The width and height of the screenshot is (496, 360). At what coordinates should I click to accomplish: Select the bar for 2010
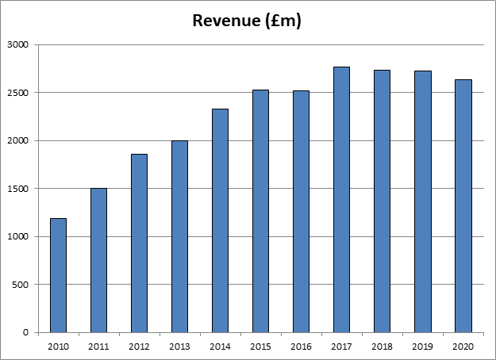(x=58, y=275)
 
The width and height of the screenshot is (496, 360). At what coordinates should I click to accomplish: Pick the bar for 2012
(x=139, y=243)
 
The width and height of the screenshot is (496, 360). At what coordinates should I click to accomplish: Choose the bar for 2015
(x=260, y=211)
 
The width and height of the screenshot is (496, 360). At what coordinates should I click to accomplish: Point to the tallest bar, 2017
(x=341, y=199)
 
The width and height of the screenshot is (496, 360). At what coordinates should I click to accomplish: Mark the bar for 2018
(x=382, y=201)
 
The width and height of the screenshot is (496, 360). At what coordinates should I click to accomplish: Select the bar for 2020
(x=463, y=205)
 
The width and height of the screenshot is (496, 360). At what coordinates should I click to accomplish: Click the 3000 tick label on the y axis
(x=18, y=45)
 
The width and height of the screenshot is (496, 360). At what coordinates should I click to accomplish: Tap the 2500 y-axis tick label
(x=18, y=93)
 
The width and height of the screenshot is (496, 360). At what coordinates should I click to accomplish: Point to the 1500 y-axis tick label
(x=18, y=189)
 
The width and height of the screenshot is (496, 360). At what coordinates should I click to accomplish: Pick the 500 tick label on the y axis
(x=21, y=285)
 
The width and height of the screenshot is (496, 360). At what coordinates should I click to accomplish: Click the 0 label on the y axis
(x=25, y=332)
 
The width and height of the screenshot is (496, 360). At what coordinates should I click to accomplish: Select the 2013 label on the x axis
(x=179, y=346)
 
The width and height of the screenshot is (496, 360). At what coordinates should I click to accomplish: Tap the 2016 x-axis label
(x=301, y=346)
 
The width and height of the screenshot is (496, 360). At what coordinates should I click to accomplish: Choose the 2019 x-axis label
(x=422, y=346)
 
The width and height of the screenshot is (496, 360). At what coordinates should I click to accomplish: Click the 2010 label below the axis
(x=58, y=346)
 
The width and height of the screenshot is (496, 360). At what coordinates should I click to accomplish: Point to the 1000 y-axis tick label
(x=18, y=236)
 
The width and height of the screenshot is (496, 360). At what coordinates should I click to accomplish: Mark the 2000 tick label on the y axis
(x=18, y=141)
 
